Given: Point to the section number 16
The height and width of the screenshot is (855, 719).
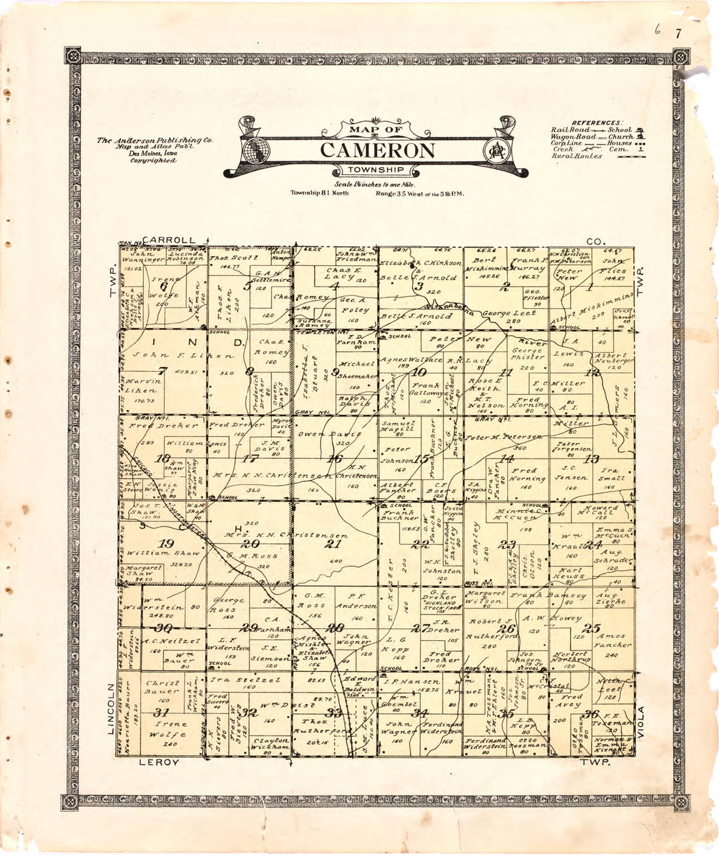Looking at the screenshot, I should coord(335,459).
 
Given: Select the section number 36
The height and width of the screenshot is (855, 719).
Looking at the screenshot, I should coord(593,713).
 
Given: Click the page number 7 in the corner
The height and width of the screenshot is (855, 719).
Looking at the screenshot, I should coord(678,34).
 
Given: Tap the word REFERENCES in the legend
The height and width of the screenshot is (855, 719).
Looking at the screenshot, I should coord(597,123).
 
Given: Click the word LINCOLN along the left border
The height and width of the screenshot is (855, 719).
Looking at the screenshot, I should coord(112,709).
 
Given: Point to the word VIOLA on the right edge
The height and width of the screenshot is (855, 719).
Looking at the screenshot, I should coord(641,722).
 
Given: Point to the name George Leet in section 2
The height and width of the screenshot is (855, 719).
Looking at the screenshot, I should coord(509,314).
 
